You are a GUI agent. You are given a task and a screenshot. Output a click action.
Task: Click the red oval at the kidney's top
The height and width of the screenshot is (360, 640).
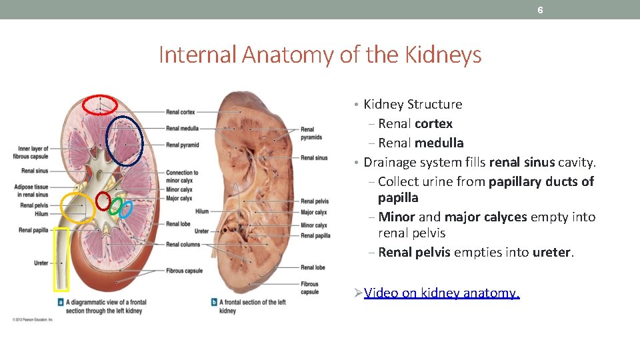click(x=99, y=105)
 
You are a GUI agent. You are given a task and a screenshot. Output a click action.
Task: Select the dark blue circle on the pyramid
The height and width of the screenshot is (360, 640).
click(x=125, y=141)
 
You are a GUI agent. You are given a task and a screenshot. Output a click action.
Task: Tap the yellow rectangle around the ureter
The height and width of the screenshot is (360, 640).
click(x=61, y=259)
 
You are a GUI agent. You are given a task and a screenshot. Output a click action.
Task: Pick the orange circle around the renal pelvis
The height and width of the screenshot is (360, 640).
click(x=78, y=207)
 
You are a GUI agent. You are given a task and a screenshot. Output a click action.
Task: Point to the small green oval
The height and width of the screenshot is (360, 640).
click(x=115, y=207)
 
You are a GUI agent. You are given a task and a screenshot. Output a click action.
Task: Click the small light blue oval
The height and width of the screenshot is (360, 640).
click(x=125, y=209)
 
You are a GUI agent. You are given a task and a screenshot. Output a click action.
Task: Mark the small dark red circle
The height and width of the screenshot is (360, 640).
click(x=103, y=200)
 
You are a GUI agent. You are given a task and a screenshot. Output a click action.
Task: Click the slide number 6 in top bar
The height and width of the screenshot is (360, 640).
click(x=540, y=10)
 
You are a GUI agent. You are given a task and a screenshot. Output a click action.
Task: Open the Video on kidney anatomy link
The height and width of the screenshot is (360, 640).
click(x=442, y=293)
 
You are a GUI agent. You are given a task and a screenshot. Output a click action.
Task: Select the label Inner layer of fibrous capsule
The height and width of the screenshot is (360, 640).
click(x=33, y=152)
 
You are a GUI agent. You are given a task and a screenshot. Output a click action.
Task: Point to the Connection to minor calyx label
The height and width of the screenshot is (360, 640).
click(x=182, y=177)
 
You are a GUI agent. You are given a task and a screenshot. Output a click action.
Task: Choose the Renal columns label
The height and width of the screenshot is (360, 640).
click(x=183, y=245)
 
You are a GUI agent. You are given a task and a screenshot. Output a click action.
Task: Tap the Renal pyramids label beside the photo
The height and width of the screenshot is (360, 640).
click(x=311, y=133)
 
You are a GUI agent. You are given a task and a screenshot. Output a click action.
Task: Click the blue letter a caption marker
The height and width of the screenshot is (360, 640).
click(x=61, y=302)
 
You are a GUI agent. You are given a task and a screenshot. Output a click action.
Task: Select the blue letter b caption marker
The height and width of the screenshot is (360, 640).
click(x=213, y=302)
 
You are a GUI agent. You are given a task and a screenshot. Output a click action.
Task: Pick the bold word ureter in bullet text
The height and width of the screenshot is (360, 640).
click(x=552, y=253)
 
